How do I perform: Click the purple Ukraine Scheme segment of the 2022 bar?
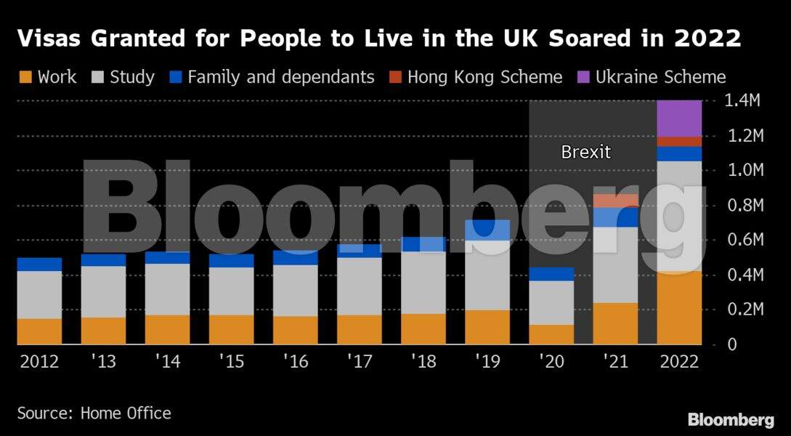click(679, 118)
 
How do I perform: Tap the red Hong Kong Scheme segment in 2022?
click(679, 142)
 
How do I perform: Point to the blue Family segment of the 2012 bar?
click(39, 265)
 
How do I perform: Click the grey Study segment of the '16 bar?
click(295, 291)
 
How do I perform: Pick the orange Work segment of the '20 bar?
click(551, 334)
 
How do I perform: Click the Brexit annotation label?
click(586, 153)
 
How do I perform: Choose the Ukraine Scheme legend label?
click(660, 77)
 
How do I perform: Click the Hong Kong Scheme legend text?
click(484, 77)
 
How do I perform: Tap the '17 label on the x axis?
click(359, 362)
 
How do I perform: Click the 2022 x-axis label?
click(679, 362)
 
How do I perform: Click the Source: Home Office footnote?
click(94, 413)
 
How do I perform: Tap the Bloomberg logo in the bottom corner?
click(730, 419)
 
